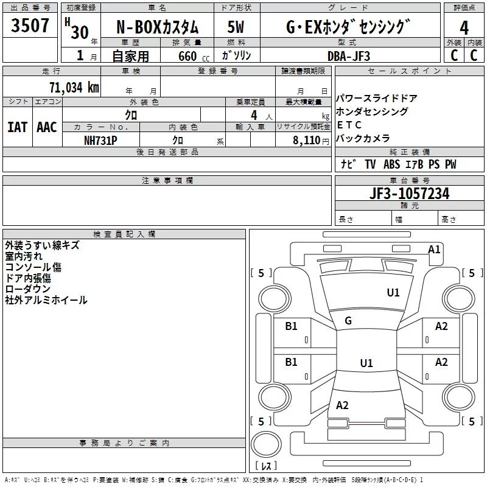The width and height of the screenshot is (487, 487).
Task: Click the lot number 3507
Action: click(x=30, y=26)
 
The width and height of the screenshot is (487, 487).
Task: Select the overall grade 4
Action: click(x=464, y=28)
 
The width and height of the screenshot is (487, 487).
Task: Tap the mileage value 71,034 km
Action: click(x=74, y=88)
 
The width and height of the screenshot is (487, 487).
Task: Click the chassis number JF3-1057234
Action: click(x=409, y=194)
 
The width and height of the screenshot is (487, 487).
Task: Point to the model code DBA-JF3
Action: click(x=349, y=56)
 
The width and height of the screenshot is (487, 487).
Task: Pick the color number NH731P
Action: click(x=100, y=141)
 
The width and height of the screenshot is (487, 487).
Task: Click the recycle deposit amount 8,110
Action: click(x=307, y=141)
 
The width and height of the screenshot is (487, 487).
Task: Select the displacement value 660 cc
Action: click(x=194, y=56)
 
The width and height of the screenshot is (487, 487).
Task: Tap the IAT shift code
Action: click(x=18, y=127)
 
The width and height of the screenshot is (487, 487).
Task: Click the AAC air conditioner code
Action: click(x=47, y=127)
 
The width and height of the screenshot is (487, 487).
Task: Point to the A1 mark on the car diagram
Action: click(x=434, y=250)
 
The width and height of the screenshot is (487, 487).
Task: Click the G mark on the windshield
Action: click(x=348, y=321)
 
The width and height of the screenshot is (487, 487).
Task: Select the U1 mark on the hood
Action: click(x=393, y=293)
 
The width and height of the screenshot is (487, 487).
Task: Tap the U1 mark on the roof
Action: click(x=366, y=363)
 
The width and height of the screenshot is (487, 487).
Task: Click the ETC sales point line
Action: click(x=349, y=125)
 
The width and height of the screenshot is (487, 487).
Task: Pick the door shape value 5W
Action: click(x=236, y=27)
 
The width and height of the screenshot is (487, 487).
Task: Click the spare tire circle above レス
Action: click(x=266, y=444)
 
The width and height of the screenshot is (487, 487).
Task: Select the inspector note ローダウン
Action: click(x=27, y=289)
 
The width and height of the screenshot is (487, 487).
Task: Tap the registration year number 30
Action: click(x=80, y=32)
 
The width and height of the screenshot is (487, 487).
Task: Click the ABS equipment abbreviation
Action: click(x=391, y=164)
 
